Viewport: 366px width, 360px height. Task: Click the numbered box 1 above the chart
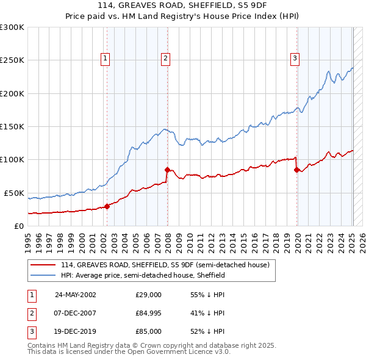click(x=106, y=59)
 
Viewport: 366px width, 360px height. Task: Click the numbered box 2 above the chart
click(x=165, y=59)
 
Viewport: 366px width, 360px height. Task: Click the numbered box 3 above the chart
click(x=295, y=59)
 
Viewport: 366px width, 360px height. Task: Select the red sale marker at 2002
click(x=107, y=206)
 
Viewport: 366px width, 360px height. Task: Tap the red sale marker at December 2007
click(x=167, y=170)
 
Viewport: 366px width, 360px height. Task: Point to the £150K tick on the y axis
click(x=12, y=126)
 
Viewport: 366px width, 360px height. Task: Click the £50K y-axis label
click(x=14, y=193)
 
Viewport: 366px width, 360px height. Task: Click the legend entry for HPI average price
click(x=143, y=276)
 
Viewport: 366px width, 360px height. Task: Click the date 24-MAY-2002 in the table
click(x=75, y=294)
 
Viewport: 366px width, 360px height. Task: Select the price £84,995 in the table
click(x=148, y=313)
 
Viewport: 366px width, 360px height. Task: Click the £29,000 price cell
click(x=148, y=294)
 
